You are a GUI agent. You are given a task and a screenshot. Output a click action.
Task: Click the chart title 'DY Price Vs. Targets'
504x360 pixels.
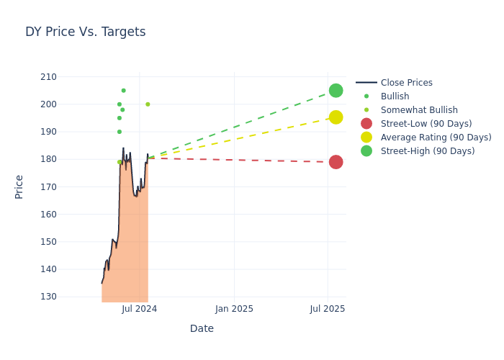click(x=85, y=32)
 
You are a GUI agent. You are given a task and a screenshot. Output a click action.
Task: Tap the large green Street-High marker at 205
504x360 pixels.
click(x=336, y=91)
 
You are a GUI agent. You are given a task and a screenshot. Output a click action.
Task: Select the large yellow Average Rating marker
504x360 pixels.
click(x=336, y=117)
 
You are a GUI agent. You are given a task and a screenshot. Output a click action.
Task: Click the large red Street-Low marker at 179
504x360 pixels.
click(x=336, y=162)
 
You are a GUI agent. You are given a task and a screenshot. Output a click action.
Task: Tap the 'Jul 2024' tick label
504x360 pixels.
click(x=140, y=309)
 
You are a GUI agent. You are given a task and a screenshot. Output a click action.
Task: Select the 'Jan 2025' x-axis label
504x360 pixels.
click(x=234, y=309)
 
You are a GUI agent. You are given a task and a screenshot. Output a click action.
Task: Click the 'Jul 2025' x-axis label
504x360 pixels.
click(x=328, y=309)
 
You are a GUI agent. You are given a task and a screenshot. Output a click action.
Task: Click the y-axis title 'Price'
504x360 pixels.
click(x=19, y=186)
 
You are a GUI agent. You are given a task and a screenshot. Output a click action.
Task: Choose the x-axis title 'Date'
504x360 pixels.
click(x=202, y=329)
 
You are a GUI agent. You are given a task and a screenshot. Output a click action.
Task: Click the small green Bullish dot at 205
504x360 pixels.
click(x=123, y=91)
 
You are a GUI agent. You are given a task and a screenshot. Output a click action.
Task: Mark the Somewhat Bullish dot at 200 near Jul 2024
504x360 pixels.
click(x=148, y=104)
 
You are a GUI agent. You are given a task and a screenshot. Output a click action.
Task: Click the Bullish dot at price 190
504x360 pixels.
click(x=120, y=132)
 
